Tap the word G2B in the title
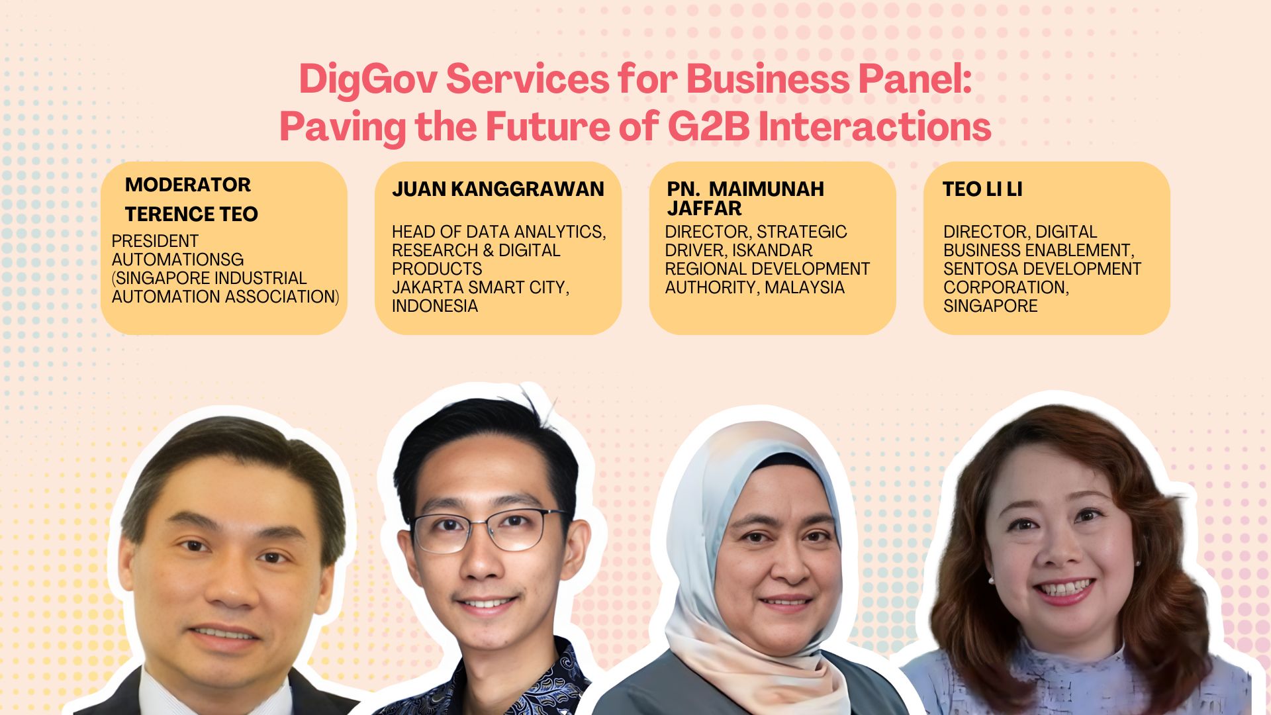708,126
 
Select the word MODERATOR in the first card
188,185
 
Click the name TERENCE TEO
191,215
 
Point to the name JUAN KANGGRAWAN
498,189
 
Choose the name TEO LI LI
982,189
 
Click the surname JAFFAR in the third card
704,209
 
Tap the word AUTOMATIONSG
177,260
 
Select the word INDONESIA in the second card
435,306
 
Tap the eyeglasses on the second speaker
489,530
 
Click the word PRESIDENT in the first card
155,241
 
